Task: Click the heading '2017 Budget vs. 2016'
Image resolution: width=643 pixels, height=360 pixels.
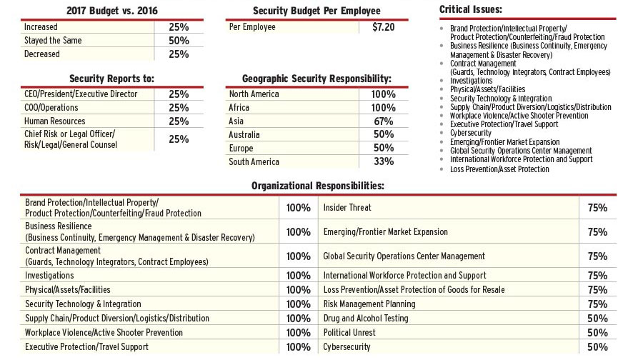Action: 112,10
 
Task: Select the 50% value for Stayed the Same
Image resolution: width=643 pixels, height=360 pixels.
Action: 179,41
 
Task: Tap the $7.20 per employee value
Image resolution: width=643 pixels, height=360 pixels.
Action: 383,27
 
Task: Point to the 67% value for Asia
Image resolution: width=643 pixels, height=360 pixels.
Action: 383,121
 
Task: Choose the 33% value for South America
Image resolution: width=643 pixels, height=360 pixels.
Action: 383,161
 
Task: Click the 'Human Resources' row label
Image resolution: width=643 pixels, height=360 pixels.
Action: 55,121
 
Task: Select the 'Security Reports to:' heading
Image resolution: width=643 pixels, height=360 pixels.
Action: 112,78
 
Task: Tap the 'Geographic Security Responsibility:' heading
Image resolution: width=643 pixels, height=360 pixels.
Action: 316,78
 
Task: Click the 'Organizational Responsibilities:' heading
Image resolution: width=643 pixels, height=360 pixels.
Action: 318,185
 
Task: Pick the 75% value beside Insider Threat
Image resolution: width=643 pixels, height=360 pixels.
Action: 597,208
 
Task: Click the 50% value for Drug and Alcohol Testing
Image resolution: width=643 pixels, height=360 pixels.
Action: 597,319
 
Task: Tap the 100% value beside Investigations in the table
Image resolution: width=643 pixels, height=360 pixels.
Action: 298,276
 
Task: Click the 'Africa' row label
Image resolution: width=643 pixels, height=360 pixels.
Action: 239,108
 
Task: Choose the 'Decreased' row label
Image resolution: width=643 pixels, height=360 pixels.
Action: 42,54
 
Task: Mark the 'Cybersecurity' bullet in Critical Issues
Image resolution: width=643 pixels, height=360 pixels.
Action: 471,133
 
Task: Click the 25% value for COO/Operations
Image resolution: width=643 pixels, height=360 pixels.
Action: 179,108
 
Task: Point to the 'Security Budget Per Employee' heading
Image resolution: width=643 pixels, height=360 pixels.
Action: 316,11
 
